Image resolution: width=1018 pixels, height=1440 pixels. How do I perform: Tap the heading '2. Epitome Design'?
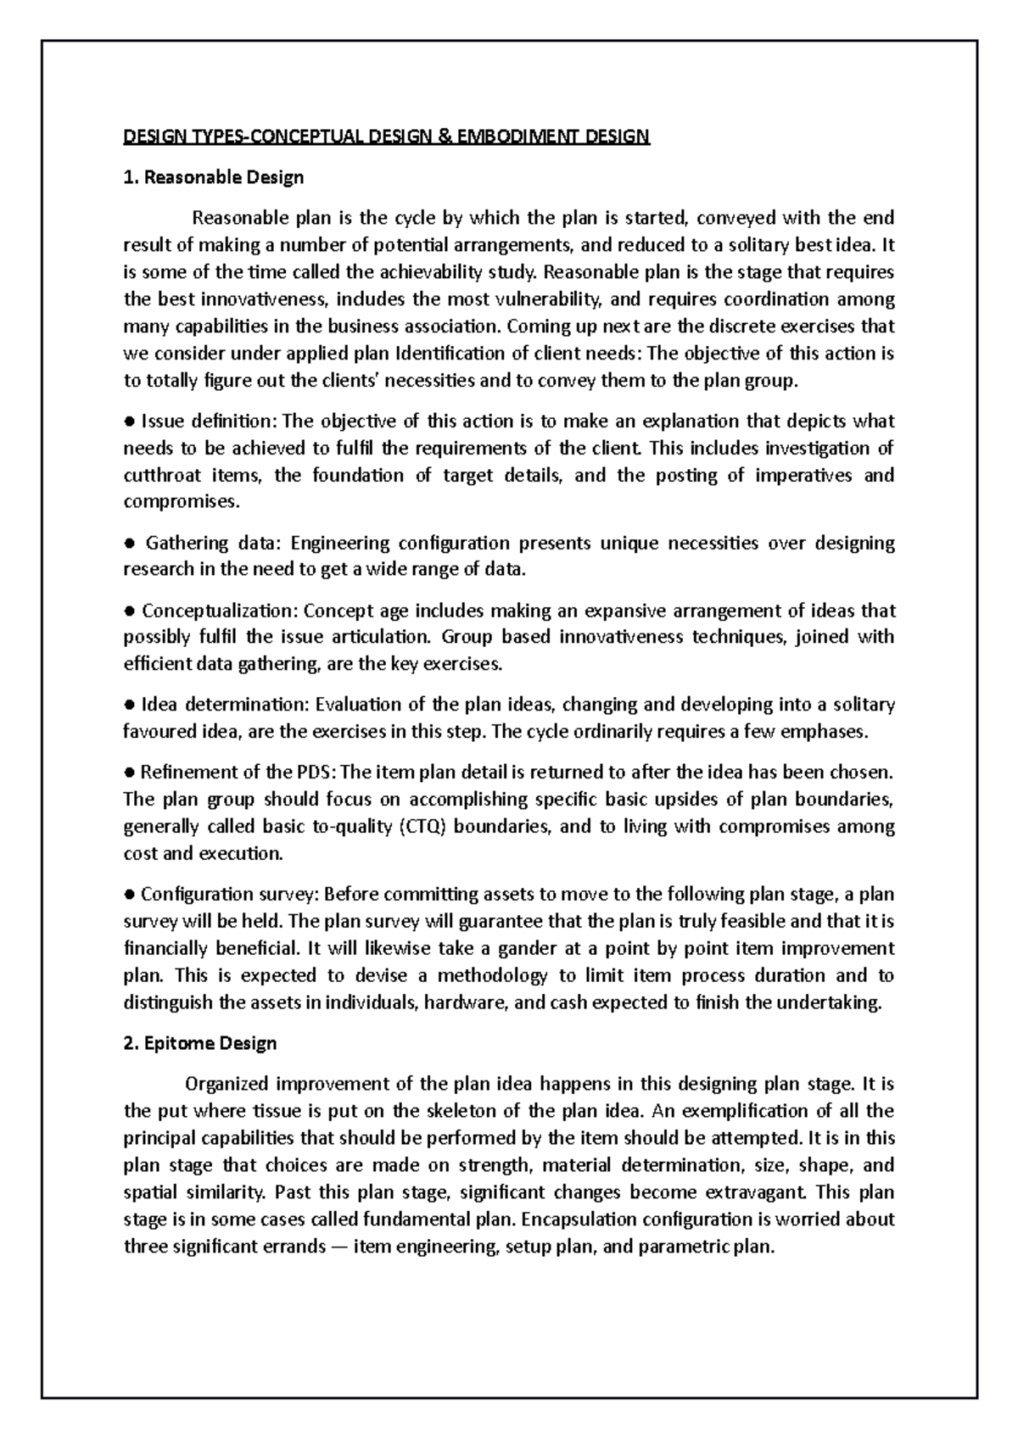click(x=200, y=1043)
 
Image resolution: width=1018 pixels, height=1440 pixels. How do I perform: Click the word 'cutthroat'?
click(x=159, y=476)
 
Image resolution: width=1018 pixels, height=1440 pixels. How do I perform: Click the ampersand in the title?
click(x=446, y=137)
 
